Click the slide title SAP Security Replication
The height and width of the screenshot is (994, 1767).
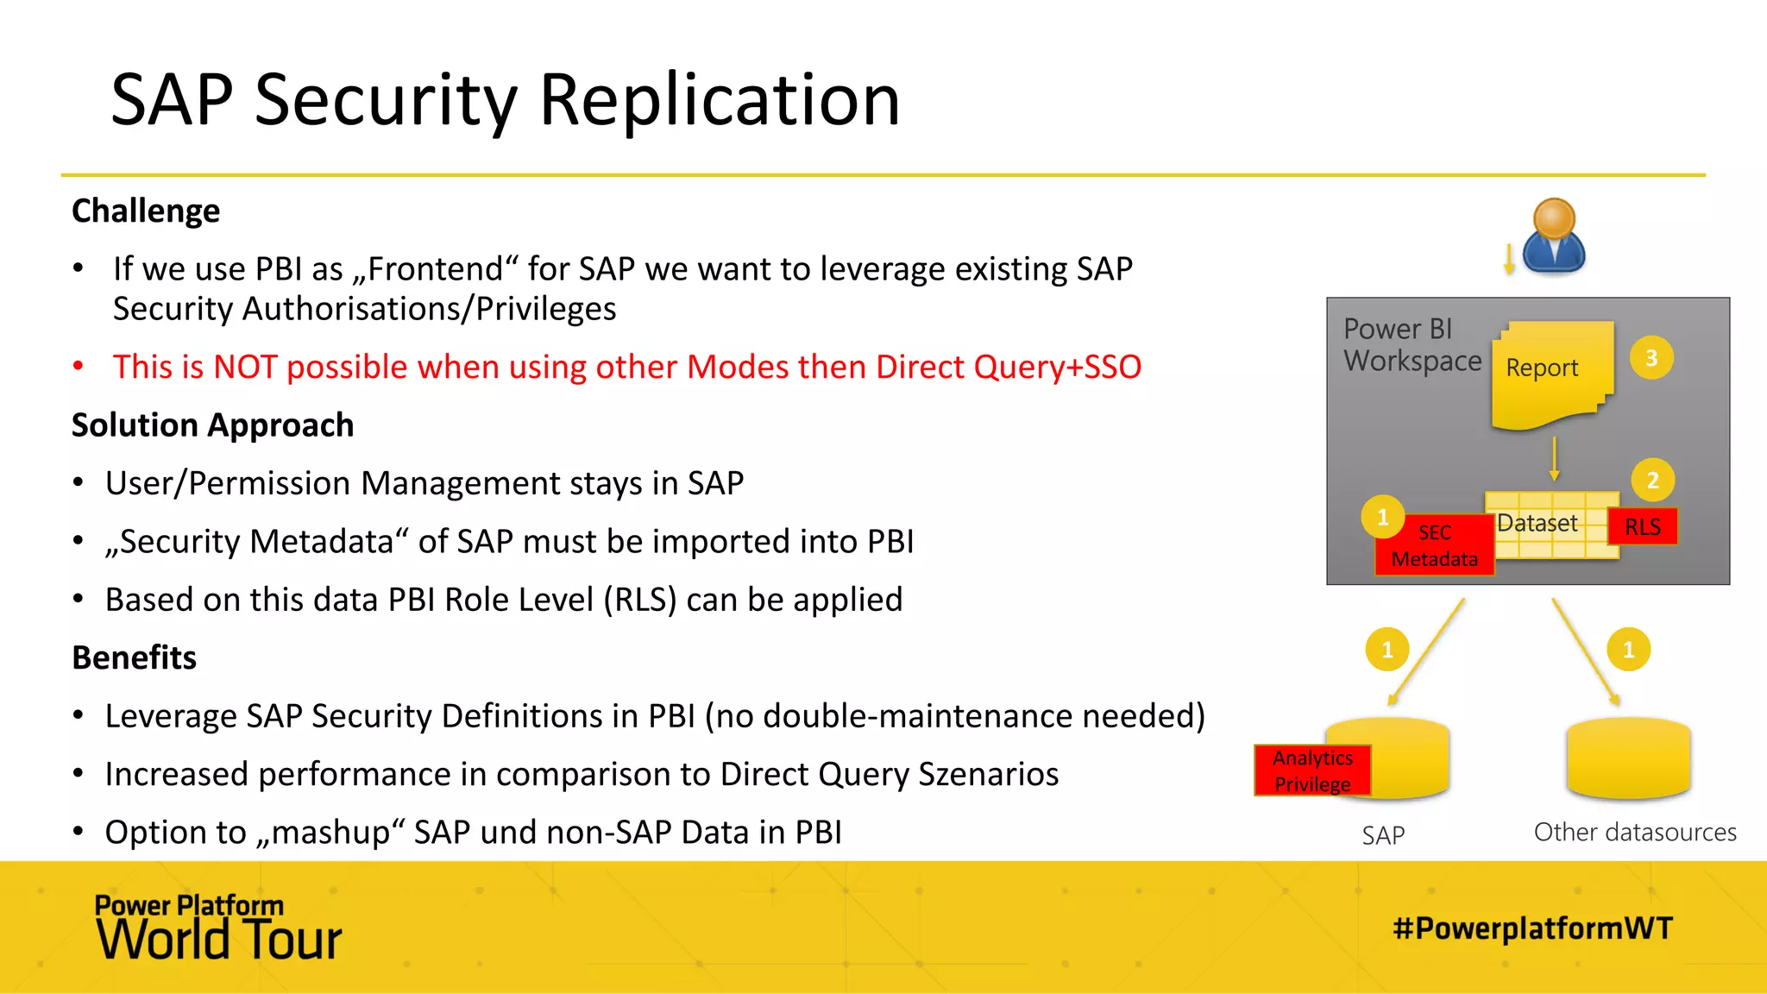(506, 100)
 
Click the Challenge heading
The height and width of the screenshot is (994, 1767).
(146, 211)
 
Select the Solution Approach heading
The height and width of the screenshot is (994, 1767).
(212, 425)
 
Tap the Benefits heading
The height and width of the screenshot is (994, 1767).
(135, 657)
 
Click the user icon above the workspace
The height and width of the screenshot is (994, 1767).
(1554, 236)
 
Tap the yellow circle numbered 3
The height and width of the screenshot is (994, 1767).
(1651, 358)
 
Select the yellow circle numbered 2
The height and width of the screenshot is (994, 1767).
(1653, 481)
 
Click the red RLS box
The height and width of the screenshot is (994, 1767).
(1643, 527)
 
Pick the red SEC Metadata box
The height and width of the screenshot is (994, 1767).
(1434, 546)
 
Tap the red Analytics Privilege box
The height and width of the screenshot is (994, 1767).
(1312, 771)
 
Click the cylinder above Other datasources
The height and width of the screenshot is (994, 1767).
(1628, 758)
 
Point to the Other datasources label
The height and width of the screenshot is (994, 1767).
(1635, 833)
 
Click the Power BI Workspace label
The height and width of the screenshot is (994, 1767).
(1412, 345)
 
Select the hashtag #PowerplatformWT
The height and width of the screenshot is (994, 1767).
(1532, 928)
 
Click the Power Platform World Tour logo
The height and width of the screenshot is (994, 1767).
(218, 928)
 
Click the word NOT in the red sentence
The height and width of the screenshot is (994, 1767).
(244, 368)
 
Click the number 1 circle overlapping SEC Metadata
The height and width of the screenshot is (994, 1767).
(1383, 517)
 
